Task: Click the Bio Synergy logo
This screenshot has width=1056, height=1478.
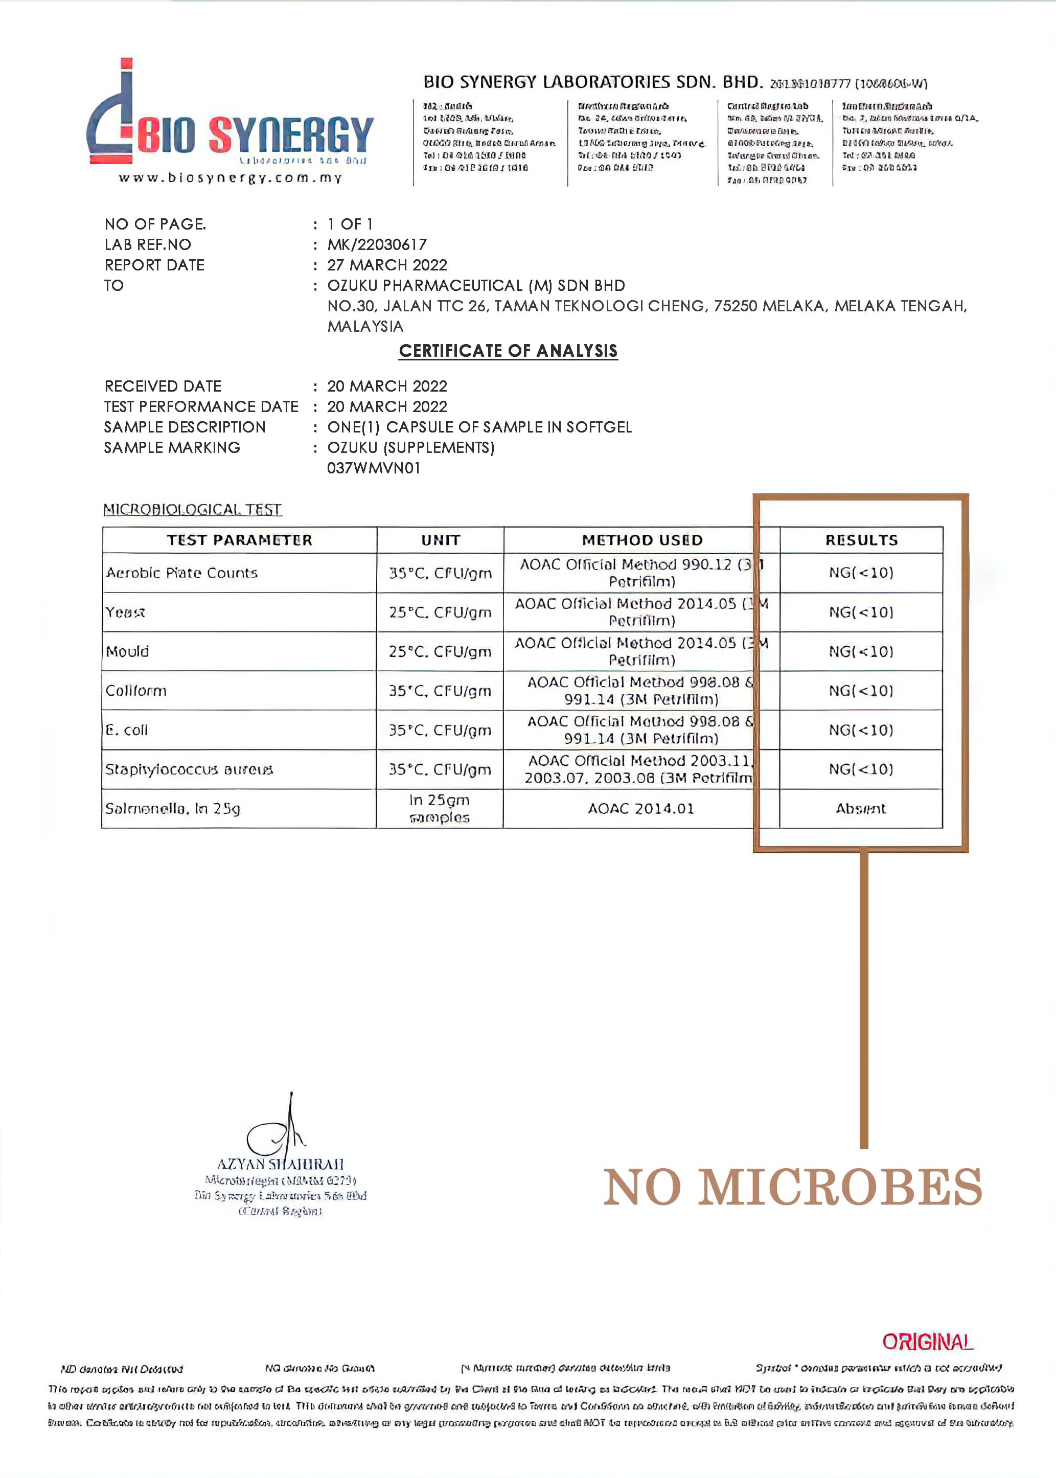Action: (229, 120)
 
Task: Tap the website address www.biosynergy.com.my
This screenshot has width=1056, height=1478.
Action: (230, 177)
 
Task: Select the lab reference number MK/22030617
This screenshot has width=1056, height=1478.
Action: (377, 244)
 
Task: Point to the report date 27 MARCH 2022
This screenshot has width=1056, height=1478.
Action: (387, 265)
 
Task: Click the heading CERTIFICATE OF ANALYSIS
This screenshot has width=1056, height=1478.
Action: (508, 351)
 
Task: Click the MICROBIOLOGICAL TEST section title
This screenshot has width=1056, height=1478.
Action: (193, 509)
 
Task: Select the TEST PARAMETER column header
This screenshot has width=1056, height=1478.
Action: (239, 540)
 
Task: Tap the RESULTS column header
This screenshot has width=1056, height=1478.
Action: (861, 540)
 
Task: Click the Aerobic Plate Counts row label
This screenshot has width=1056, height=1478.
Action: (182, 573)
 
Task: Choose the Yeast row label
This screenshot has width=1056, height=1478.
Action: (126, 612)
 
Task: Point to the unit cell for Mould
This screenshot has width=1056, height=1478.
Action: (440, 651)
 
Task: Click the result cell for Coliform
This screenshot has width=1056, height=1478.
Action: (861, 691)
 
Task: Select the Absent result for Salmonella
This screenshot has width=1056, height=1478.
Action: (861, 809)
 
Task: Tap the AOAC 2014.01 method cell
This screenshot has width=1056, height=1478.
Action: (640, 809)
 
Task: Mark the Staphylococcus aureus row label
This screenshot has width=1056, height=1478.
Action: (189, 770)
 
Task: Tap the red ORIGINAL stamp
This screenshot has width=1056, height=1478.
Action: (927, 1341)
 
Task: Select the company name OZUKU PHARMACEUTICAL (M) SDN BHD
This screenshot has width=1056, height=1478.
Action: (476, 285)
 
